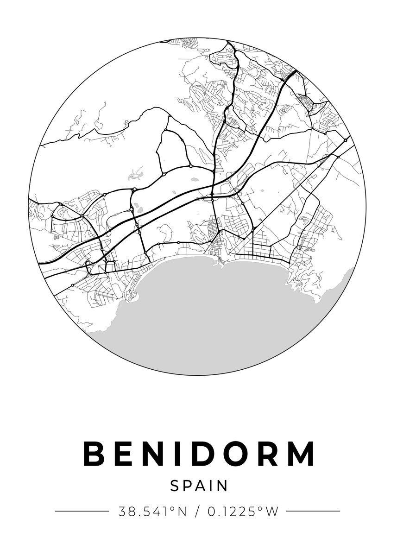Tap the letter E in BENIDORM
124,454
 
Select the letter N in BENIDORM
157,454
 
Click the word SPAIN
199,486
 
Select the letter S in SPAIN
175,486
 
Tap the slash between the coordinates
198,512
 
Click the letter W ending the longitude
272,512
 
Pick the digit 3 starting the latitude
122,512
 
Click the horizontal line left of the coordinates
82,511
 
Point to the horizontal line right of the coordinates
313,511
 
